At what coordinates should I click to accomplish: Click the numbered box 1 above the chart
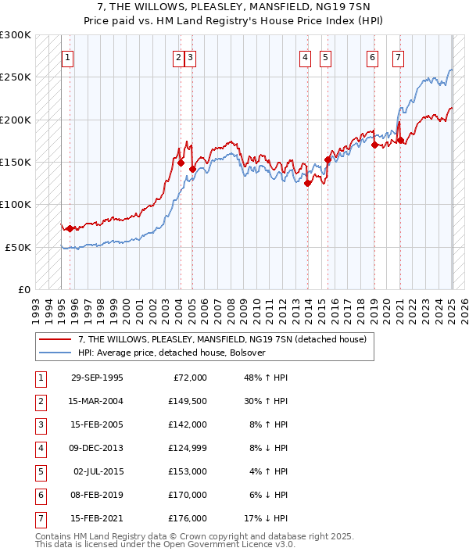pos(68,57)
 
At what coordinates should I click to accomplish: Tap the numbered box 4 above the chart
pos(304,57)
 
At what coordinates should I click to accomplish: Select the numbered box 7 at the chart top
pos(399,57)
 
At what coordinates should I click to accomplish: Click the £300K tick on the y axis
pos(16,35)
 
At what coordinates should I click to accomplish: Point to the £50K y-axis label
pos(19,247)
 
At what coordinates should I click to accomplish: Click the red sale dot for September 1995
pos(70,228)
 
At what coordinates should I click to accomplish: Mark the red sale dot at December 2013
pos(308,184)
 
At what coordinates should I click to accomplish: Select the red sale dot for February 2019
pos(374,145)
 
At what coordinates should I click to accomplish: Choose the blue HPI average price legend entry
pos(172,353)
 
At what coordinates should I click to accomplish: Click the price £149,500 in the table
pos(188,401)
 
